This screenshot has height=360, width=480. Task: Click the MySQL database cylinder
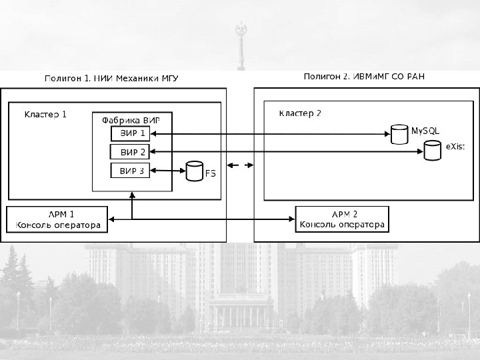pyautogui.click(x=399, y=135)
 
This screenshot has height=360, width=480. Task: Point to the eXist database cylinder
pyautogui.click(x=433, y=151)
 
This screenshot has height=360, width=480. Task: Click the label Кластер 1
pyautogui.click(x=45, y=114)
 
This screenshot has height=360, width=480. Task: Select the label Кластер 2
pyautogui.click(x=299, y=113)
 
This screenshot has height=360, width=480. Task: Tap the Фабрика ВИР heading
pyautogui.click(x=131, y=121)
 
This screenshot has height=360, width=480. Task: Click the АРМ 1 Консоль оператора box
pyautogui.click(x=57, y=220)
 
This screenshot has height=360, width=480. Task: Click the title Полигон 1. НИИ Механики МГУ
pyautogui.click(x=111, y=79)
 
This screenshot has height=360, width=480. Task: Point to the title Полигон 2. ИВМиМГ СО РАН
pyautogui.click(x=364, y=77)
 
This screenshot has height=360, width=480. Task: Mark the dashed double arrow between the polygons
pyautogui.click(x=240, y=165)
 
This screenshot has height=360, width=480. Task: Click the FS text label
pyautogui.click(x=210, y=174)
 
